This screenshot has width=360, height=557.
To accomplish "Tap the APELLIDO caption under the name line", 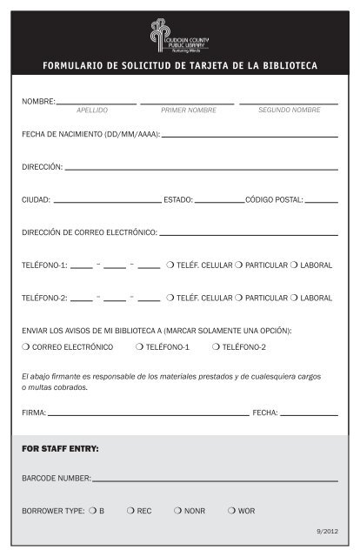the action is (92, 111).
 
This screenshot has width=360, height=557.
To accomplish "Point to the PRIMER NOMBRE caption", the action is (189, 111).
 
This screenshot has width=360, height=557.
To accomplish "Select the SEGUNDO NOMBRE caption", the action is (290, 111).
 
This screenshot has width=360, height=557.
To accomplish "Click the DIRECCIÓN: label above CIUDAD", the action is (42, 166).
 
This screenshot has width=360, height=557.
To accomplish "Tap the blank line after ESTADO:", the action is (219, 201).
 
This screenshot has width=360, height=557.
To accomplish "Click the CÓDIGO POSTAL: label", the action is (275, 199).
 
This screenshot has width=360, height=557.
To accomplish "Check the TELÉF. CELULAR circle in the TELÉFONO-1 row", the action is (170, 265).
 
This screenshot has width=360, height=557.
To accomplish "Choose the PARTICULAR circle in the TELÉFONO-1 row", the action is (238, 265).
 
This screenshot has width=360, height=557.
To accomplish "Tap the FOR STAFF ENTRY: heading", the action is (60, 448).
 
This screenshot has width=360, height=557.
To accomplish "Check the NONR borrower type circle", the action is (178, 511).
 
